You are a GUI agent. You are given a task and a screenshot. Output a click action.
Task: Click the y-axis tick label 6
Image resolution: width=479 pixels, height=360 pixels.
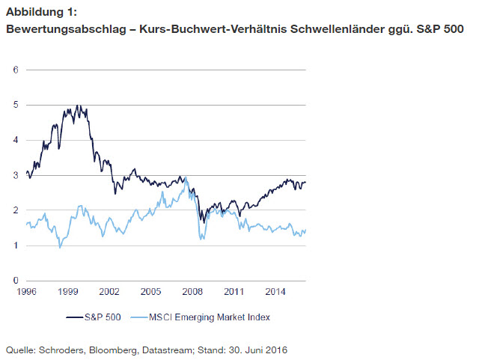coord(15,70)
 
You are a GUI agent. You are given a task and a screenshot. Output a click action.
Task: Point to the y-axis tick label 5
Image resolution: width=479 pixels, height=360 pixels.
coord(15,105)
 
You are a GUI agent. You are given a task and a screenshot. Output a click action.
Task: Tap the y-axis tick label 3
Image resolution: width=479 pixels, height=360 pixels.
coord(15,175)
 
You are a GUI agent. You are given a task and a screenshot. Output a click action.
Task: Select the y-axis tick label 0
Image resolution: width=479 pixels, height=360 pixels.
coord(15,280)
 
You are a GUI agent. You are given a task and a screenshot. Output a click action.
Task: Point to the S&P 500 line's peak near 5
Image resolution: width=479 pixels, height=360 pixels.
coord(77,106)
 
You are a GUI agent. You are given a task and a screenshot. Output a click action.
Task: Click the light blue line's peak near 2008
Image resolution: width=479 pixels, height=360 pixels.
coord(186,177)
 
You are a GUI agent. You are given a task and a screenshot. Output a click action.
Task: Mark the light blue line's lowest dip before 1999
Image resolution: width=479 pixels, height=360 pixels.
coord(60,247)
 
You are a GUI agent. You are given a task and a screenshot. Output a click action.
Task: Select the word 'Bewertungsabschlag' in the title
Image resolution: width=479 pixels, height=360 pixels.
coord(55,29)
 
